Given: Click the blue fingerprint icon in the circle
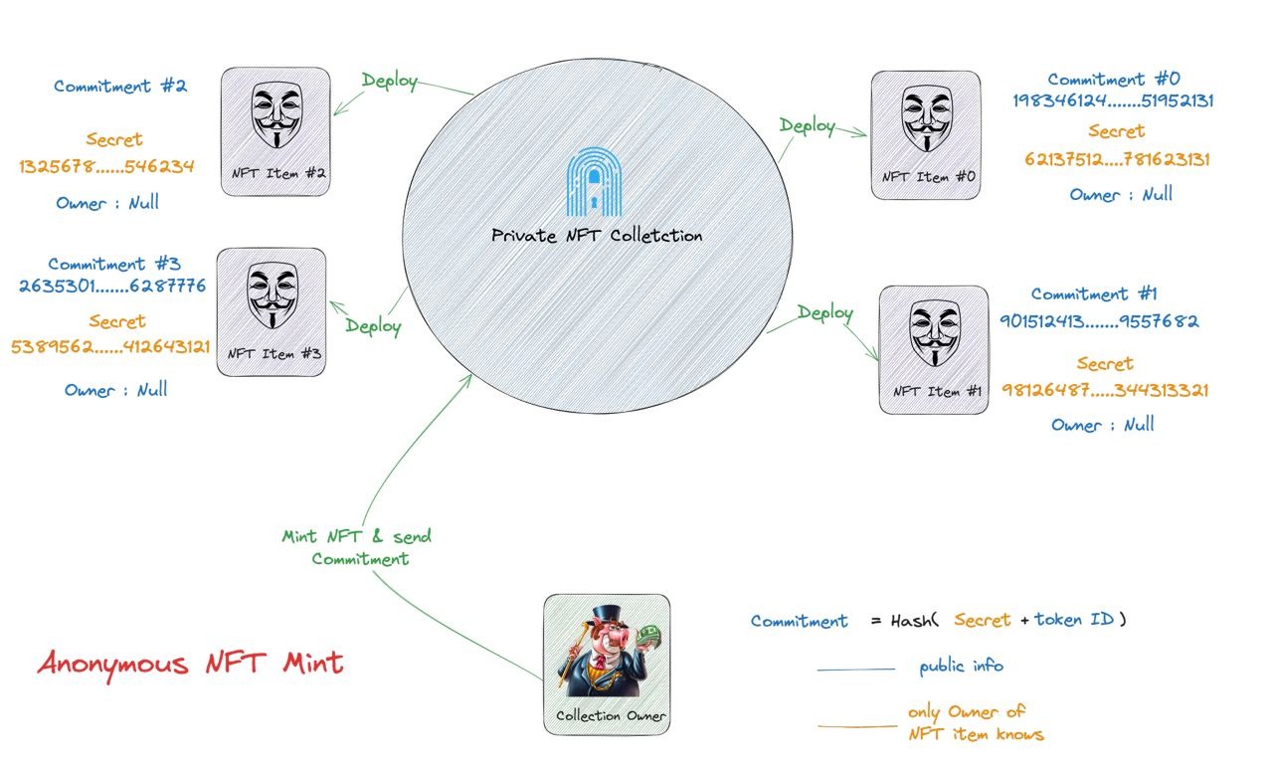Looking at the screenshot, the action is (594, 182).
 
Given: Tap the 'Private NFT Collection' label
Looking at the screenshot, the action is (597, 236).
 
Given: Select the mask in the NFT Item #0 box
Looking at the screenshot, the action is (927, 118).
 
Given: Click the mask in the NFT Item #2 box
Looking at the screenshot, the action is (276, 114).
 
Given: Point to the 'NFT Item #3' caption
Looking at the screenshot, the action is (274, 353).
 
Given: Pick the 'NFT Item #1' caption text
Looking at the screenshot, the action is (937, 392).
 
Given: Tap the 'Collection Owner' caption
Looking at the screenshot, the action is (611, 715).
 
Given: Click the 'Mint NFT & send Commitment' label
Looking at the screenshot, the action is (357, 547).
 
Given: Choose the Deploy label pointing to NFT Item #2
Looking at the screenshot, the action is (390, 82).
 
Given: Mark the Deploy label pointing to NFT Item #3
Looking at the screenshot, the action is (373, 327).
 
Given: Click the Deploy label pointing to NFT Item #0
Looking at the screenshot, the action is (807, 126).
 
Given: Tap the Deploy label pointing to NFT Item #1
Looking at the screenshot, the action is (825, 313).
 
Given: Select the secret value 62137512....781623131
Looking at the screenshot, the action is (1117, 159).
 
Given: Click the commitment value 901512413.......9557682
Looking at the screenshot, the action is (1099, 321).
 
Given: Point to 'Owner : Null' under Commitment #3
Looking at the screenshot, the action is (116, 390).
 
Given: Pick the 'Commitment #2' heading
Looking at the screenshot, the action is (120, 86).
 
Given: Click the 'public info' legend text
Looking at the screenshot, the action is (961, 666).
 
